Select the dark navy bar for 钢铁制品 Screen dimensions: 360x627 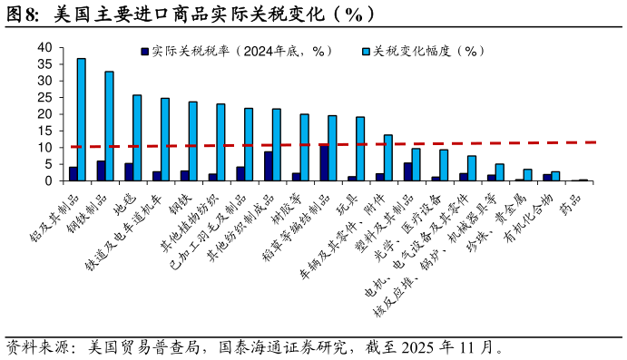pyautogui.click(x=101, y=170)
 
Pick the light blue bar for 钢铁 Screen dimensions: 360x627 pyautogui.click(x=192, y=141)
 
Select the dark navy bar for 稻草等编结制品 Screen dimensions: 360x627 pyautogui.click(x=324, y=163)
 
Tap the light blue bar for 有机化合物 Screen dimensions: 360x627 pyautogui.click(x=555, y=176)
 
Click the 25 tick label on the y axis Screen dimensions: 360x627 pyautogui.click(x=44, y=97)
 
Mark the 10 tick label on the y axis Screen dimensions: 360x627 pyautogui.click(x=44, y=147)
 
